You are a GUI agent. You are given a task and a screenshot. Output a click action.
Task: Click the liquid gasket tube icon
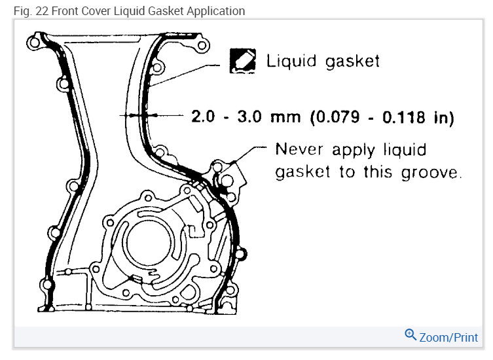(x=242, y=61)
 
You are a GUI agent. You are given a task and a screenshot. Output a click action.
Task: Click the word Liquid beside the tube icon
(x=291, y=61)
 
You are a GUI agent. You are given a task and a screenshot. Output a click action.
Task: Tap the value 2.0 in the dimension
(x=203, y=116)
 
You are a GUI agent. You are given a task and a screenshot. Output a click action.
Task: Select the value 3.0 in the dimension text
(x=249, y=117)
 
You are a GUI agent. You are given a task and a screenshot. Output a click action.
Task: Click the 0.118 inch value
(x=404, y=117)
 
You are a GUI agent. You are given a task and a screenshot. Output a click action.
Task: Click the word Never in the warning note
(x=299, y=149)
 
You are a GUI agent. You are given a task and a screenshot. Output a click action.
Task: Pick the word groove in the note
(x=431, y=172)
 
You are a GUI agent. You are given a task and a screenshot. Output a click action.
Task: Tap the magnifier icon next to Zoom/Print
(x=411, y=335)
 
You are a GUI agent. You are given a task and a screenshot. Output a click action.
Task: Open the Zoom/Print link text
(x=448, y=337)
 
